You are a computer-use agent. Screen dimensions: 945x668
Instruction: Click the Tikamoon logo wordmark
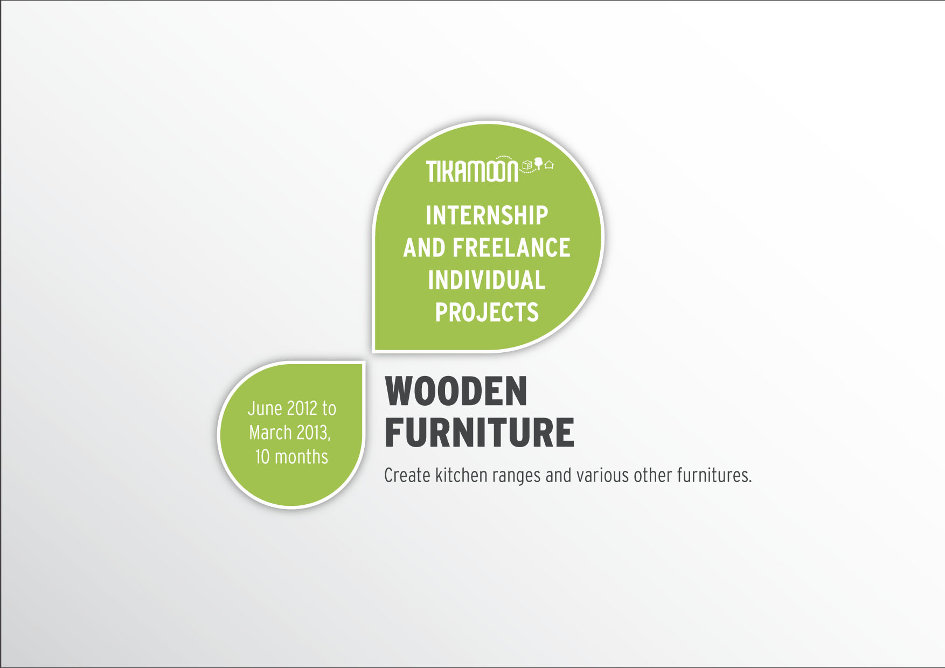(x=472, y=171)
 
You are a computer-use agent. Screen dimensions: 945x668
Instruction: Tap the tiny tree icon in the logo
(x=538, y=163)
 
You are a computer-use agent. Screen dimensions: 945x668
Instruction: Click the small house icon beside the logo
(x=549, y=165)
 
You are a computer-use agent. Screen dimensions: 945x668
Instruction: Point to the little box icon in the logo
(x=527, y=165)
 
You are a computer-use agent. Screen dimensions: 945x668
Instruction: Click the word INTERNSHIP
(x=487, y=215)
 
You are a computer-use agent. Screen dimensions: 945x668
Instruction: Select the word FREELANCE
(x=511, y=248)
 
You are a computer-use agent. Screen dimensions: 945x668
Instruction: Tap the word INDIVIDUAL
(x=487, y=280)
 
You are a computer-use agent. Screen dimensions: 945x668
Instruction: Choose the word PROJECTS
(x=487, y=312)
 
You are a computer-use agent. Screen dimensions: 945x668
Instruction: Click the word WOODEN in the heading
(x=456, y=392)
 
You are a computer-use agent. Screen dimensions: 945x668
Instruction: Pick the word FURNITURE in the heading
(x=480, y=433)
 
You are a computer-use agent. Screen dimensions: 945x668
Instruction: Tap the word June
(x=265, y=408)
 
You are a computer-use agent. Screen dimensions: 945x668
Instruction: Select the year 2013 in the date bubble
(x=313, y=433)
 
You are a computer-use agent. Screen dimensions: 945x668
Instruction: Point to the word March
(x=270, y=433)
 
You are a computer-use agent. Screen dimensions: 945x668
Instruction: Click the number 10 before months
(x=262, y=457)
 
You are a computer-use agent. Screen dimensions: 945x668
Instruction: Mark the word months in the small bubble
(x=301, y=457)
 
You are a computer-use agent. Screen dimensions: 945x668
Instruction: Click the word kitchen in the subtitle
(x=461, y=475)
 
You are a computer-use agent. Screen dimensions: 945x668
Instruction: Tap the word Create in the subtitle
(x=407, y=475)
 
